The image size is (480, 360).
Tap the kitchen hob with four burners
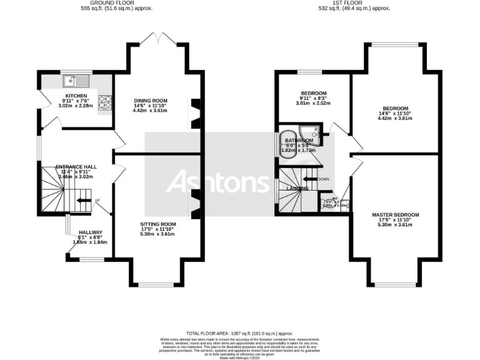(x=104, y=101)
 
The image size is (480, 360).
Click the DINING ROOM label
(x=151, y=101)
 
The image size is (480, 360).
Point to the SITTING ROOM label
(x=157, y=224)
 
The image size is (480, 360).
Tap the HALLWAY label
(x=90, y=232)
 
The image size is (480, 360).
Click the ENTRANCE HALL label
(x=76, y=167)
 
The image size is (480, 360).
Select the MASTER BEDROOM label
(x=394, y=215)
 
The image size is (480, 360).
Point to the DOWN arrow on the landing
(x=319, y=179)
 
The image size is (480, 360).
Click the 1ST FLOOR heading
(x=363, y=3)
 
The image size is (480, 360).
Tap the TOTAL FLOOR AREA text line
(x=240, y=334)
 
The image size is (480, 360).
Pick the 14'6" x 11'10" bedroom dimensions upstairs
(x=395, y=113)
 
